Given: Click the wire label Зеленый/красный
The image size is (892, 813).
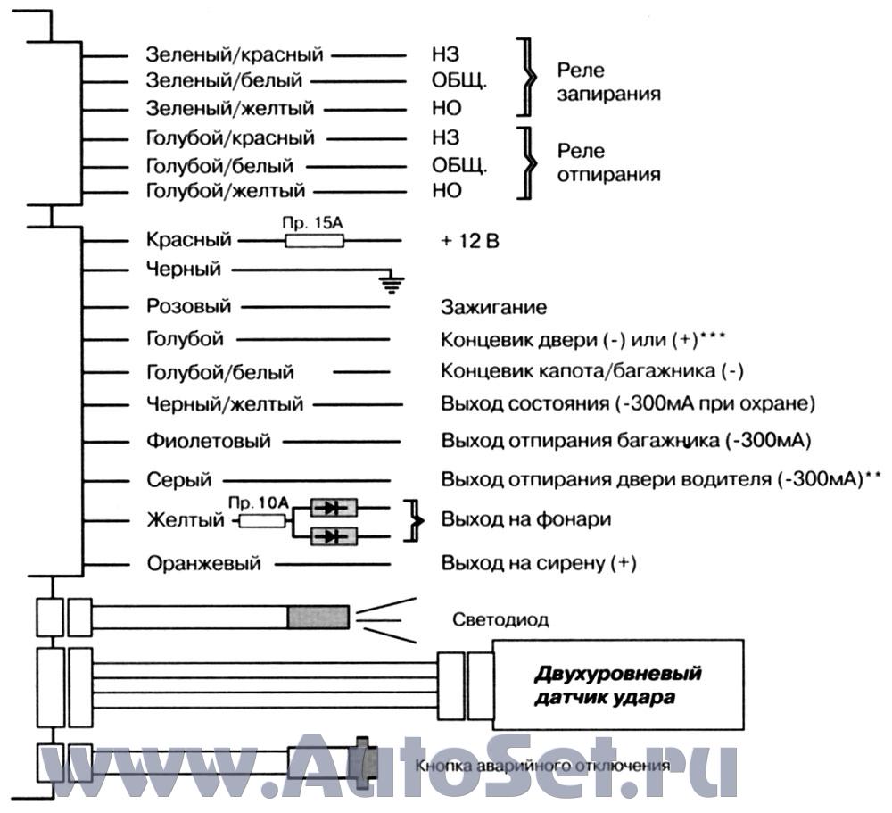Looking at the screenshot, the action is (x=235, y=54).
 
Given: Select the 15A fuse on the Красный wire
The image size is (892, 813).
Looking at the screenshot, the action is (x=314, y=241).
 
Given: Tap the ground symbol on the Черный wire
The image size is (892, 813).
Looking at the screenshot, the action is (x=392, y=283).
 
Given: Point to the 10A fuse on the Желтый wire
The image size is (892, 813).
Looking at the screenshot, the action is (x=261, y=520).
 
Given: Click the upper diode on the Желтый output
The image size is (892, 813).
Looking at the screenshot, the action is (x=334, y=507).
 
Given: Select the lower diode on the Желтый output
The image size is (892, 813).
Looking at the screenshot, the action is (x=334, y=536).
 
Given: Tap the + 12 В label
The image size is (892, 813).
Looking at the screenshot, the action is (x=470, y=241).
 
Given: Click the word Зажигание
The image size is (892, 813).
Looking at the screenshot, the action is (x=493, y=308).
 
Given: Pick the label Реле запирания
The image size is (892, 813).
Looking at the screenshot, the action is (x=608, y=82).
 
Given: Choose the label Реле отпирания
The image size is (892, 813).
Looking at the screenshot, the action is (x=608, y=162).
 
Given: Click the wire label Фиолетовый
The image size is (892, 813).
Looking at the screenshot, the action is (x=208, y=441).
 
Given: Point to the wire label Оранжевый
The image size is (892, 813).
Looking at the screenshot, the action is (x=203, y=564).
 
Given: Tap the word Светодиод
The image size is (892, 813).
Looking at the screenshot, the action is (x=500, y=619).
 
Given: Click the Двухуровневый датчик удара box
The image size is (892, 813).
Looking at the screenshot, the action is (x=618, y=684).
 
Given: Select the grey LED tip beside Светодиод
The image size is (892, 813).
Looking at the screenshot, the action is (x=318, y=618).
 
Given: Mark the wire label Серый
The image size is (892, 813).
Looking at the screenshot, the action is (x=178, y=480).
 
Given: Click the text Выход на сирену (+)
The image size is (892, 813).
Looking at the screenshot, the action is (x=539, y=564).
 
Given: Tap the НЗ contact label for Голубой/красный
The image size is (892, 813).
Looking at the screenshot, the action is (x=445, y=137).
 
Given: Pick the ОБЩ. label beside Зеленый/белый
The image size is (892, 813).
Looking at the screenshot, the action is (x=459, y=81).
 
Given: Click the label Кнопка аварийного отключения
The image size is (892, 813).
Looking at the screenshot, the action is (x=542, y=766).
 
